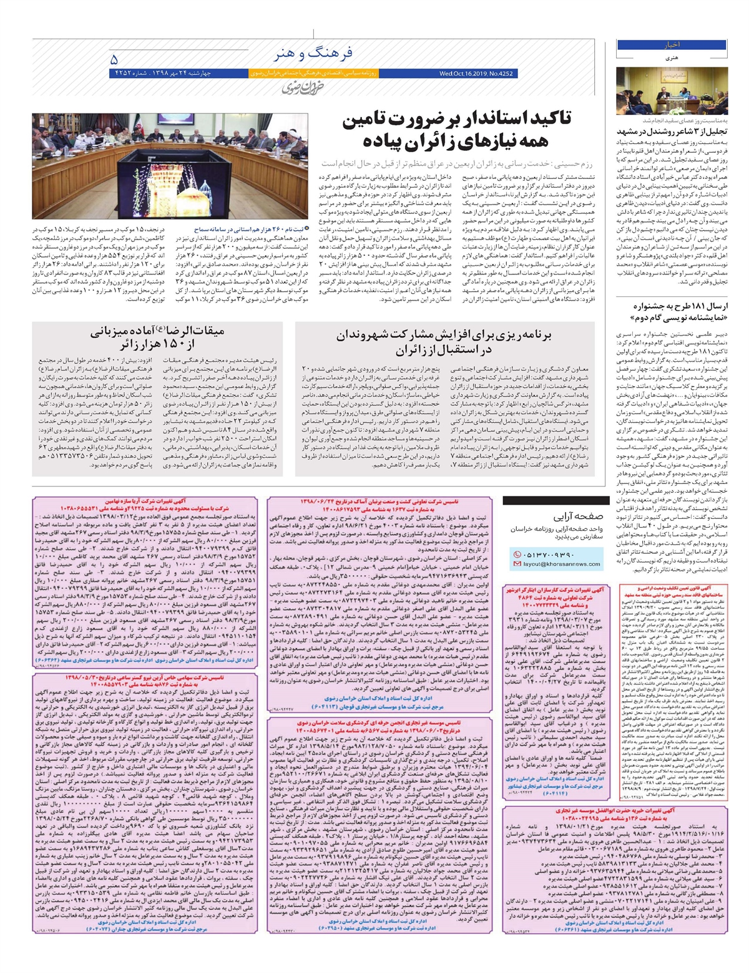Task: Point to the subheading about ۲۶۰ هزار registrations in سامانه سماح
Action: coord(247,230)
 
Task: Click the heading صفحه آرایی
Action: coord(579,516)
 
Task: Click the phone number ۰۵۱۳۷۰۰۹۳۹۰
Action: coord(552,554)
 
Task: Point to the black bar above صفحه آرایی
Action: coord(552,500)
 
